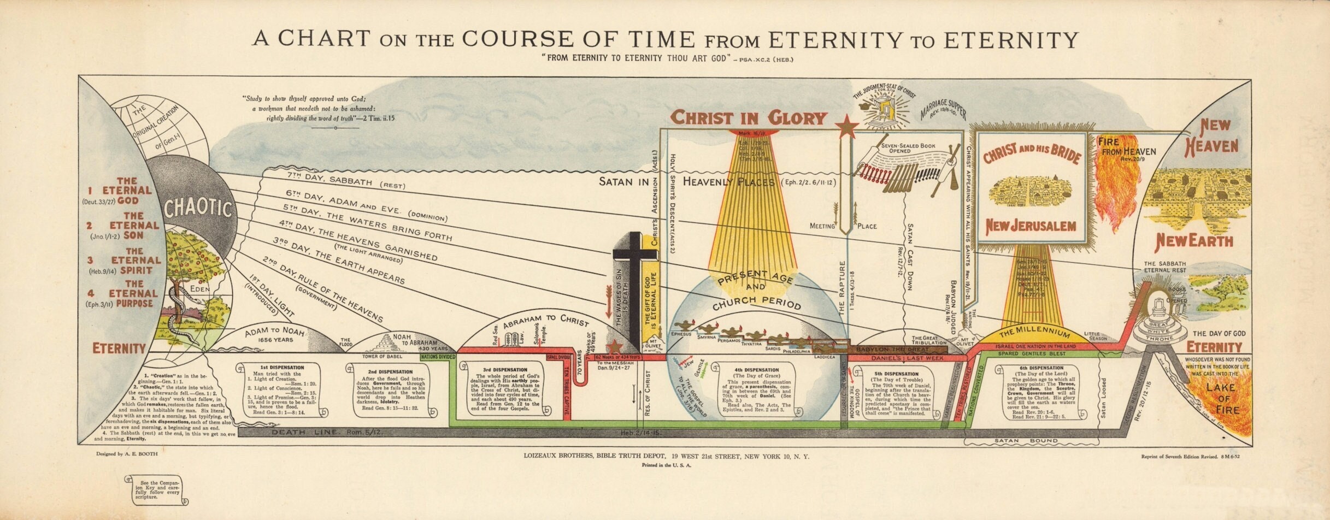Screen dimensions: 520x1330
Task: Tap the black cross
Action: tap(634, 284)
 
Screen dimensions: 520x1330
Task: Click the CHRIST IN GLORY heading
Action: tap(748, 117)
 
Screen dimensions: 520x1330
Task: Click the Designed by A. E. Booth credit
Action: tap(126, 454)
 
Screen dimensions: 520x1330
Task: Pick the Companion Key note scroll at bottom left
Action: tap(157, 491)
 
